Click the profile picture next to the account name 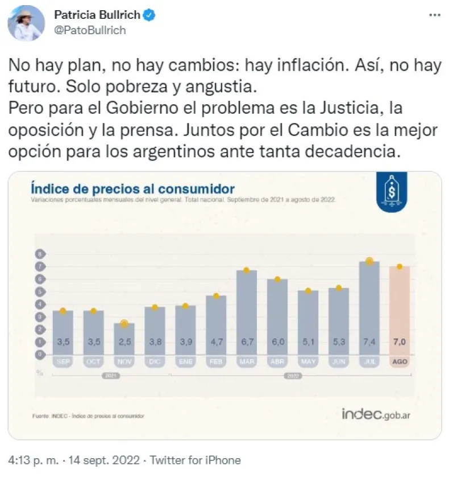pos(27,23)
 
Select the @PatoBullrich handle pos(90,31)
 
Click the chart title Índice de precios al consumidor pos(132,189)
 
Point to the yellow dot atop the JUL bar pos(369,261)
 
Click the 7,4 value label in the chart pos(369,342)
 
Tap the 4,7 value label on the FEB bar pos(216,342)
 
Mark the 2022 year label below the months pos(293,376)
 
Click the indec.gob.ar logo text pos(376,414)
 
